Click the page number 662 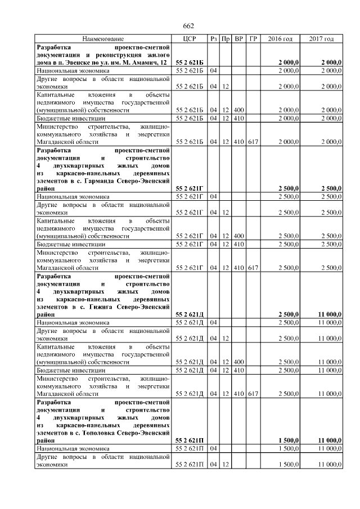(188, 26)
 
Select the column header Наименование (103, 39)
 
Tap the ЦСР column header (189, 39)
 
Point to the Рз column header (213, 39)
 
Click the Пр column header (226, 39)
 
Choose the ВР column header (238, 39)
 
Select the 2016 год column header (281, 39)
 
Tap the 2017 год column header (322, 39)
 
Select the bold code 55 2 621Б (190, 62)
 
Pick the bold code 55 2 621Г (190, 188)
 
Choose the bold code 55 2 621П (190, 440)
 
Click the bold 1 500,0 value (288, 440)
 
